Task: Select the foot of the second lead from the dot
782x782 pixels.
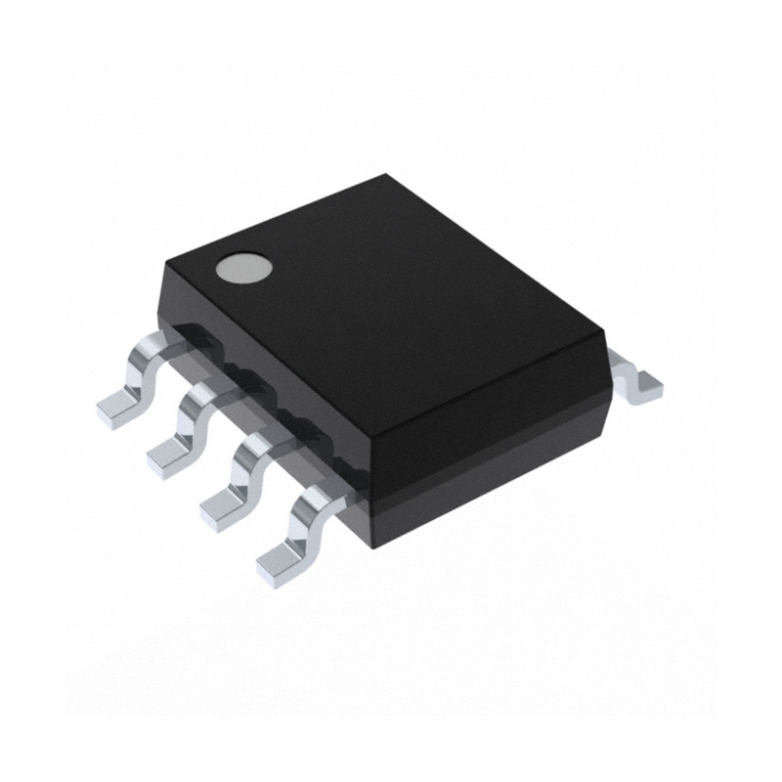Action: (170, 452)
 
